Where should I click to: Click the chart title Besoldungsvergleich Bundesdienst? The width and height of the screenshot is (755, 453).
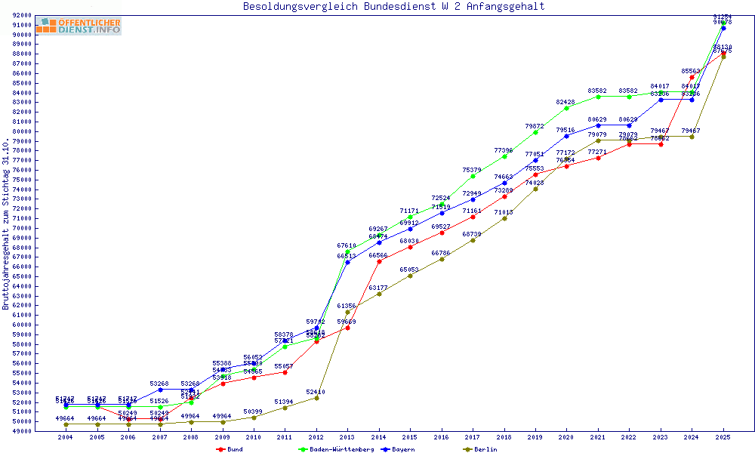click(x=393, y=7)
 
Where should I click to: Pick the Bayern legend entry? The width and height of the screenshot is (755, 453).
click(x=401, y=449)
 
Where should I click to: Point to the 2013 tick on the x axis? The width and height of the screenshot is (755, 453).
click(x=347, y=437)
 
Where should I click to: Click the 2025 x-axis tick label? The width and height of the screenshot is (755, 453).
click(x=723, y=437)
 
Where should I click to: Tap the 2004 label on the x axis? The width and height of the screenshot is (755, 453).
click(x=66, y=437)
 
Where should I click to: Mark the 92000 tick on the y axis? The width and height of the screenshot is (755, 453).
click(x=21, y=15)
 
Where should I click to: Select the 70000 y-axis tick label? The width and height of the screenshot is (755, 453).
click(x=21, y=228)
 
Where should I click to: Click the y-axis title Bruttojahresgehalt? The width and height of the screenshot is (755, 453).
click(x=7, y=224)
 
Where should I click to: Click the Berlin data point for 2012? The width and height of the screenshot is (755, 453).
click(x=316, y=398)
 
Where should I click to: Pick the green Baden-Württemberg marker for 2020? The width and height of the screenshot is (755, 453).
click(x=567, y=108)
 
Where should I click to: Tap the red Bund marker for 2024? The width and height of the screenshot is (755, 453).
click(x=692, y=77)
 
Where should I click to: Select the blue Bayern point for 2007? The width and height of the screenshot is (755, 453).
click(x=160, y=390)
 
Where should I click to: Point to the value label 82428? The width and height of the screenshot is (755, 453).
click(x=565, y=102)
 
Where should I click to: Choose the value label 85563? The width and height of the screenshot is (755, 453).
click(x=691, y=71)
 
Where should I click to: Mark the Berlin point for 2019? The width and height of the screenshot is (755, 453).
click(x=535, y=189)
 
